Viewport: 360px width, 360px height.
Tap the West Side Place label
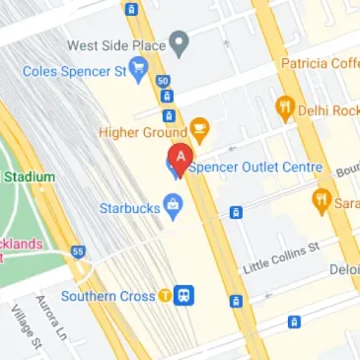tap(115, 44)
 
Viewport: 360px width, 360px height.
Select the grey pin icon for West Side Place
tap(179, 43)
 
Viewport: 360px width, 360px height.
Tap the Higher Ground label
tap(142, 131)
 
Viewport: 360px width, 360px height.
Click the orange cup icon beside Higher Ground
tap(199, 128)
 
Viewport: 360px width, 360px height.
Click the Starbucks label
tap(128, 208)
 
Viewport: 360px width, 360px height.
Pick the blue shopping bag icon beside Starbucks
tap(174, 206)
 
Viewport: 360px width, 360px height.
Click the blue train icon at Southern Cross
tap(184, 294)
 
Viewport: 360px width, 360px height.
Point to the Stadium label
tap(28, 177)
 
